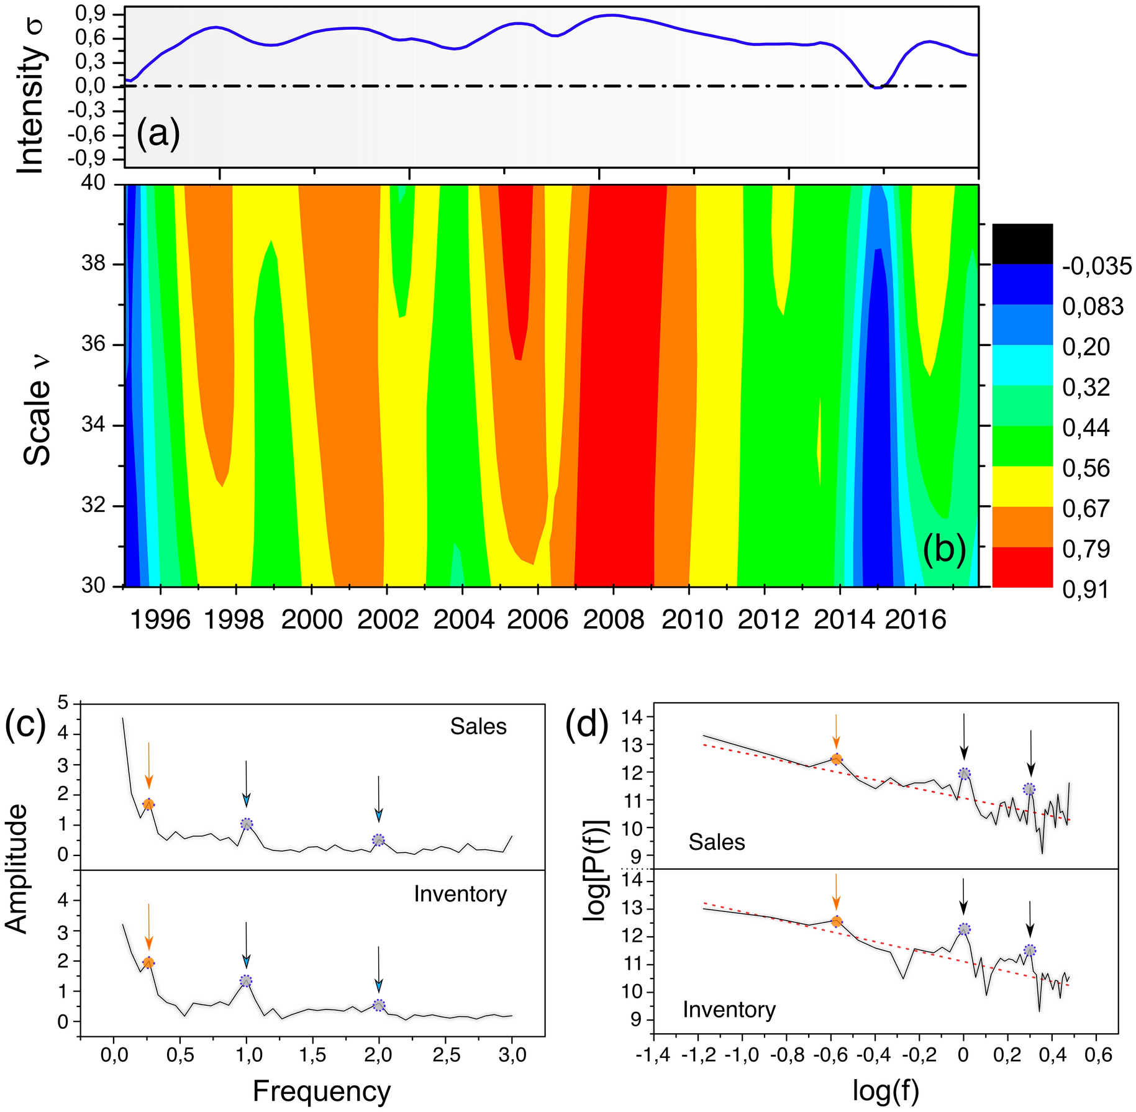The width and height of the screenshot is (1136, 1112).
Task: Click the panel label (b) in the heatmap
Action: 944,550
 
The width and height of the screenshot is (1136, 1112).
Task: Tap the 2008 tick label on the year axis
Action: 614,619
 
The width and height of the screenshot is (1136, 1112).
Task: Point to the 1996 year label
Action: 160,619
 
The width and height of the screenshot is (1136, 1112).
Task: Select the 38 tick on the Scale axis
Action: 93,265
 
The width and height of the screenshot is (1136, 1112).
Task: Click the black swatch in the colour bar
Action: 1022,244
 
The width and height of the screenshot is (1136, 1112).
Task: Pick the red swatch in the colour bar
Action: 1022,567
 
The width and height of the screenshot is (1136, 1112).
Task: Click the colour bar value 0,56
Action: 1086,468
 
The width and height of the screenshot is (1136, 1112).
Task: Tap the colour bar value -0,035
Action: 1097,267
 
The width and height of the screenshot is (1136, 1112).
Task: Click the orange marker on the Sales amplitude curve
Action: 148,804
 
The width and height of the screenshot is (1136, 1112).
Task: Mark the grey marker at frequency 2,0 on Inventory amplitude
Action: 379,1005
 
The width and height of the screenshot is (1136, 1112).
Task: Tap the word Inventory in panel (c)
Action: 460,894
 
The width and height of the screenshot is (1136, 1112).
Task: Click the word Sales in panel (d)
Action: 716,842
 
